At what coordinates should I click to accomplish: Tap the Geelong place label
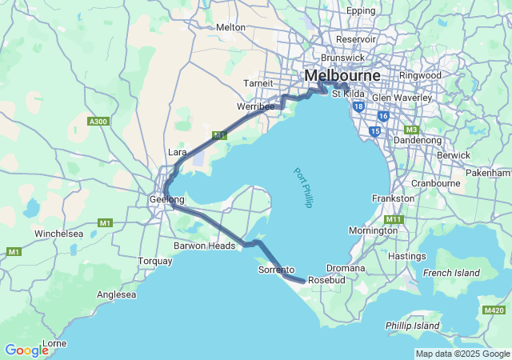click(167, 199)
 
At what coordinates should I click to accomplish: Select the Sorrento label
click(276, 271)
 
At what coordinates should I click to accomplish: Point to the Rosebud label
click(326, 281)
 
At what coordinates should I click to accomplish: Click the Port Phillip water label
click(302, 187)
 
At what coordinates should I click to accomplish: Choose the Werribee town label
click(256, 106)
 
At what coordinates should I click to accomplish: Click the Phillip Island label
click(413, 326)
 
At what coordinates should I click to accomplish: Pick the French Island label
click(451, 273)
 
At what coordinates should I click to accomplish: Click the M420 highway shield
click(494, 310)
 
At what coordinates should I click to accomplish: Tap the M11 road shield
click(393, 219)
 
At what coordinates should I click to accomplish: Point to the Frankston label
click(394, 198)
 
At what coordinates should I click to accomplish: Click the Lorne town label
click(54, 343)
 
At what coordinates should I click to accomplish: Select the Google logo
click(26, 350)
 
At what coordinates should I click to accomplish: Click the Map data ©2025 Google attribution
click(462, 354)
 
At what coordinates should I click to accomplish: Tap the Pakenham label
click(492, 172)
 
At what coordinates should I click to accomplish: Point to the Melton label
click(231, 26)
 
